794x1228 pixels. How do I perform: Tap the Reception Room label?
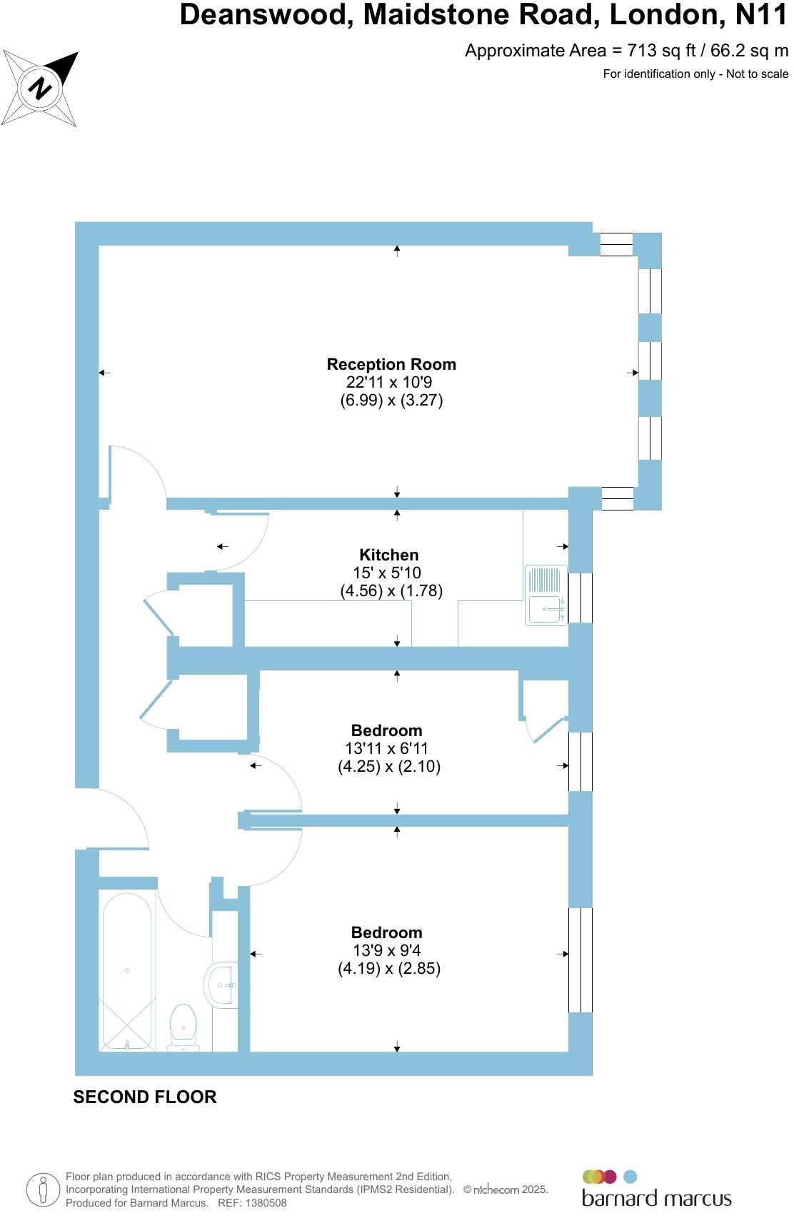point(391,364)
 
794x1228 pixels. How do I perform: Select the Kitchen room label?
point(388,555)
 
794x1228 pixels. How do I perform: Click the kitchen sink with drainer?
point(546,595)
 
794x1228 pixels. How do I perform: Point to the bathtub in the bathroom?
point(128,971)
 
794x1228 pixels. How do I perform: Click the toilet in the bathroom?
point(184,1028)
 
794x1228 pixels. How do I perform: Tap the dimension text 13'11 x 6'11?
point(386,748)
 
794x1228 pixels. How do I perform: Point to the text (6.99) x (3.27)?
point(391,401)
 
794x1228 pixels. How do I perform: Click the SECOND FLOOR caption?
point(144,1097)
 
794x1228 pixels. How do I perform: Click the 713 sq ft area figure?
point(660,51)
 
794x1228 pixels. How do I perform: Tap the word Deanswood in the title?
point(266,15)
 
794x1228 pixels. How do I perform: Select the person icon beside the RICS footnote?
point(44,1190)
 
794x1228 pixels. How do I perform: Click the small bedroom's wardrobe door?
point(547,730)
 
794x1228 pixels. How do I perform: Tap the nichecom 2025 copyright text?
point(506,1189)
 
